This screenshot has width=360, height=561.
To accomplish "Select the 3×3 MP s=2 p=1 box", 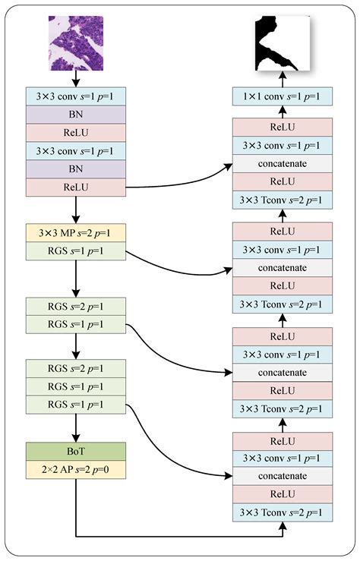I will (76, 231).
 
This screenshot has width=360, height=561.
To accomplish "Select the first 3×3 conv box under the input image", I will (76, 96).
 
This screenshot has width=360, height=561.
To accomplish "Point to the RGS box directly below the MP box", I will (76, 248).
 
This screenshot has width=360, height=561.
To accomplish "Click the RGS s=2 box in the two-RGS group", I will (76, 306).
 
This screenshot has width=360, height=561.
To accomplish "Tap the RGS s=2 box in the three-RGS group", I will (76, 370).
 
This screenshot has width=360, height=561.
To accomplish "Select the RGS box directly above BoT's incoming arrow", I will (76, 404).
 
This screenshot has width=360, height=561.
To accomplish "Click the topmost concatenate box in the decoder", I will (283, 164).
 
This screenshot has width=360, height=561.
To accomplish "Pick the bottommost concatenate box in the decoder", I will (283, 476).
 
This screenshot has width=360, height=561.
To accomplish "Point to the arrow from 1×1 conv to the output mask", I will (283, 78).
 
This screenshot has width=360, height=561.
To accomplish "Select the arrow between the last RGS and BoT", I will (76, 427).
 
